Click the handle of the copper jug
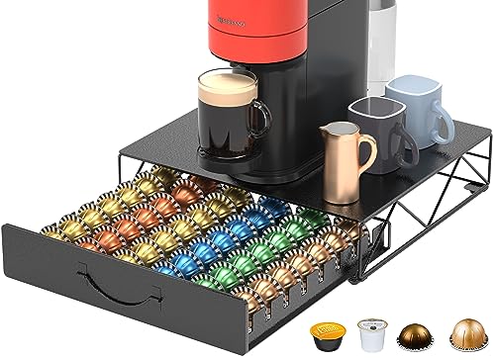point(368,151)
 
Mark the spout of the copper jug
point(324,130)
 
